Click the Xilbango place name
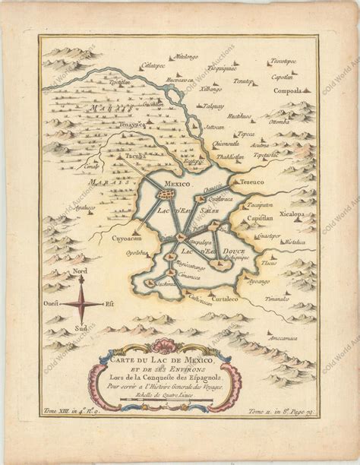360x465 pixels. tap(210, 89)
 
